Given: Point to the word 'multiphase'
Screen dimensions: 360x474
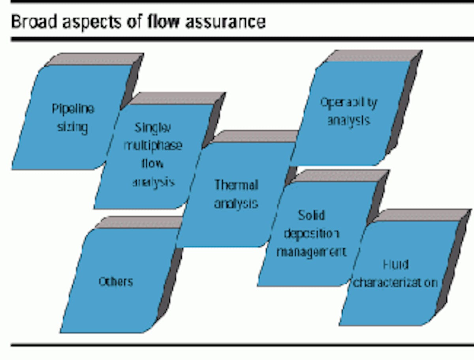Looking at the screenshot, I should click(153, 145).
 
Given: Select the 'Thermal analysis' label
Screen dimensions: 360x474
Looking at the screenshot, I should click(236, 194).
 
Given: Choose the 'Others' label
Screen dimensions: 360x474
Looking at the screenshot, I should click(116, 281).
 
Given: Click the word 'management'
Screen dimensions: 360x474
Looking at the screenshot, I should click(311, 251).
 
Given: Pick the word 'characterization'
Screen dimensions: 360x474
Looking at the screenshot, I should click(395, 283).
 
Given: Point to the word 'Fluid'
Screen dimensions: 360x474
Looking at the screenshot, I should click(395, 264).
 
